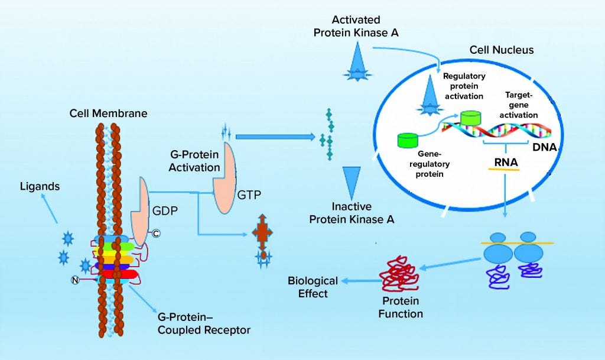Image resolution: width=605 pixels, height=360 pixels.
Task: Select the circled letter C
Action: click(x=156, y=233)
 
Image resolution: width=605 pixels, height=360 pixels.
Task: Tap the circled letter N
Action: click(x=76, y=280)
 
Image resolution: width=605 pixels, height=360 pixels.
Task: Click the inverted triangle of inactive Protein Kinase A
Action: click(x=352, y=182)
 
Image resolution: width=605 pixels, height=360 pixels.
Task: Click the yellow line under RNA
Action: click(x=503, y=169)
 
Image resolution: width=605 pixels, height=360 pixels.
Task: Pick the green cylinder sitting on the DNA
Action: click(x=471, y=118)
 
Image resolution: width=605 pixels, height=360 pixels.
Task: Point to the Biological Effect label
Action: click(x=313, y=287)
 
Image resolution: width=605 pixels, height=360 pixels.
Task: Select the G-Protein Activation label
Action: click(x=194, y=161)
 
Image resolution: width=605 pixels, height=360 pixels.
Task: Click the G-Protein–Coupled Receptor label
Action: click(x=203, y=323)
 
